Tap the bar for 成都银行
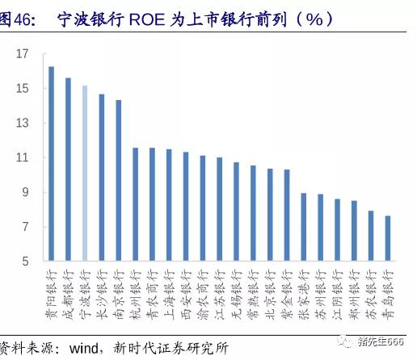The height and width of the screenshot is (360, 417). [68, 170]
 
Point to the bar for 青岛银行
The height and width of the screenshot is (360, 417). [388, 239]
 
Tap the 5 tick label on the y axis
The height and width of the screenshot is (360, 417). [25, 262]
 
